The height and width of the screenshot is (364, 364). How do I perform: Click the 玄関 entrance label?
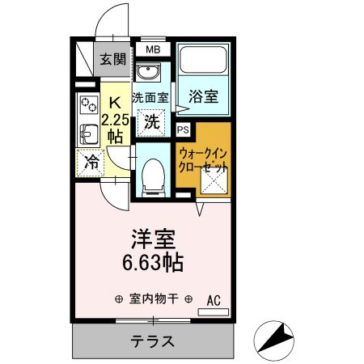point(112,58)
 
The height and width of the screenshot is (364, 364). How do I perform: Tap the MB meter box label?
point(153,50)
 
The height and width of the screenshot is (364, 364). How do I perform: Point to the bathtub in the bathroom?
point(202,62)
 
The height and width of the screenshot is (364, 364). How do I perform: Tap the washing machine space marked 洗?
point(151,123)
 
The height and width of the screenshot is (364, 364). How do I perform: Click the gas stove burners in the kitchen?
point(88,104)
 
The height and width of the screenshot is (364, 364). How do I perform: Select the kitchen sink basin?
point(87,132)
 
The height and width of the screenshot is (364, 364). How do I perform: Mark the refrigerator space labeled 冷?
point(94,161)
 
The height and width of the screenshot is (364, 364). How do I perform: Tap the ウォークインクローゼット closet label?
point(205,158)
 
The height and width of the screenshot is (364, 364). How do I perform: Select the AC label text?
point(213,299)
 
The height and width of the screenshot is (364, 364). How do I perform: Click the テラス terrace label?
point(153,341)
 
